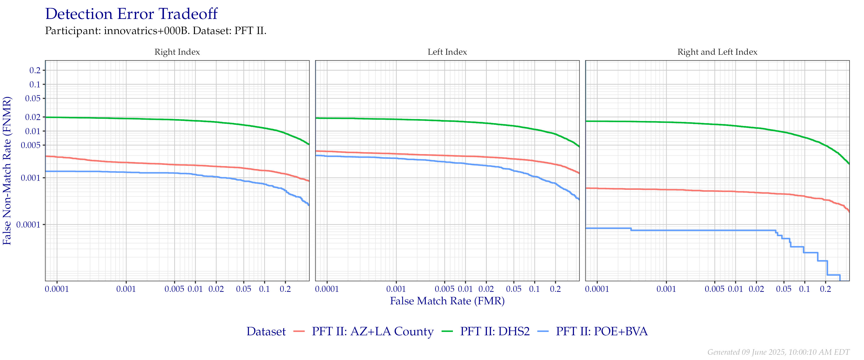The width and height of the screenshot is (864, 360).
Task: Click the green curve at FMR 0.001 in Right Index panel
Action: [126, 118]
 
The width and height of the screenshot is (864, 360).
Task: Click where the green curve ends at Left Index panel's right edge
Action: [579, 147]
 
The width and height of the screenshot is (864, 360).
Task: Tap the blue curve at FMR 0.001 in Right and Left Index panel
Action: [666, 230]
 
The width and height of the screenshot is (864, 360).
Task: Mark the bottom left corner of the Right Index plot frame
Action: [45, 281]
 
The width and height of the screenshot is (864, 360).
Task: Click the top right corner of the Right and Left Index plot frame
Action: [850, 60]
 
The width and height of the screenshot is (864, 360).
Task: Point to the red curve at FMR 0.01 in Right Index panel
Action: [195, 165]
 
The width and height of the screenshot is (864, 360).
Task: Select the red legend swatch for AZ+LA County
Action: [299, 331]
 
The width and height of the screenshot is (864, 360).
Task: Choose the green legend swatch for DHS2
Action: [447, 331]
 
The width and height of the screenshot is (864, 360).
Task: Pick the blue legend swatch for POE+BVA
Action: [543, 331]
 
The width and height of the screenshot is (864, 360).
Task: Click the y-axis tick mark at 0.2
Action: [44, 70]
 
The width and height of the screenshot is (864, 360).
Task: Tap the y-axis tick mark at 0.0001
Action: [44, 224]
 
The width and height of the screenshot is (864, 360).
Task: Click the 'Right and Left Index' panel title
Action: [717, 52]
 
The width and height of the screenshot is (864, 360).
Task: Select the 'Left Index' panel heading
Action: [447, 52]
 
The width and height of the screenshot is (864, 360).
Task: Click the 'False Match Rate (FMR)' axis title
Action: [447, 301]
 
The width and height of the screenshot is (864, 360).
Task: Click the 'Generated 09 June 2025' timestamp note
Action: [779, 352]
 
